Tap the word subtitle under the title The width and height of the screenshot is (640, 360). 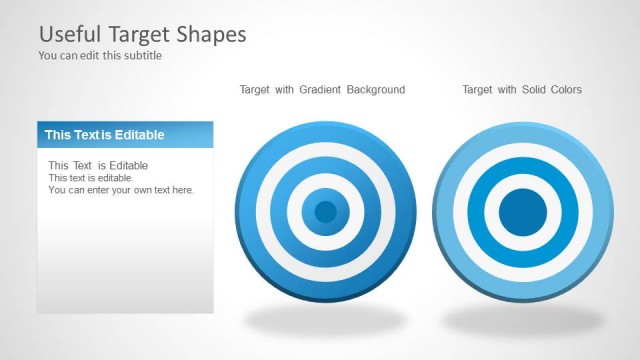pos(141,56)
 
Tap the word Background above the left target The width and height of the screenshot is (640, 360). pos(376,90)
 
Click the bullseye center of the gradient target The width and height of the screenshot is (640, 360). pos(325,211)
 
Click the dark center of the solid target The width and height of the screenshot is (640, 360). pos(522,211)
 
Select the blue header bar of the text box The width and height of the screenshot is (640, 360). pos(125,135)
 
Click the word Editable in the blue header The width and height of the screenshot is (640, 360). pos(141,135)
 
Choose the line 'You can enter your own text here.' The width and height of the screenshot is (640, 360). pos(121,190)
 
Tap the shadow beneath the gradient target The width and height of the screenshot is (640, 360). pos(325,321)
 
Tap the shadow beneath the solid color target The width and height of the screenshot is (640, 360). pos(523,321)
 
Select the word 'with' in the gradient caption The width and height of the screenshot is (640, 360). pos(283,90)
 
